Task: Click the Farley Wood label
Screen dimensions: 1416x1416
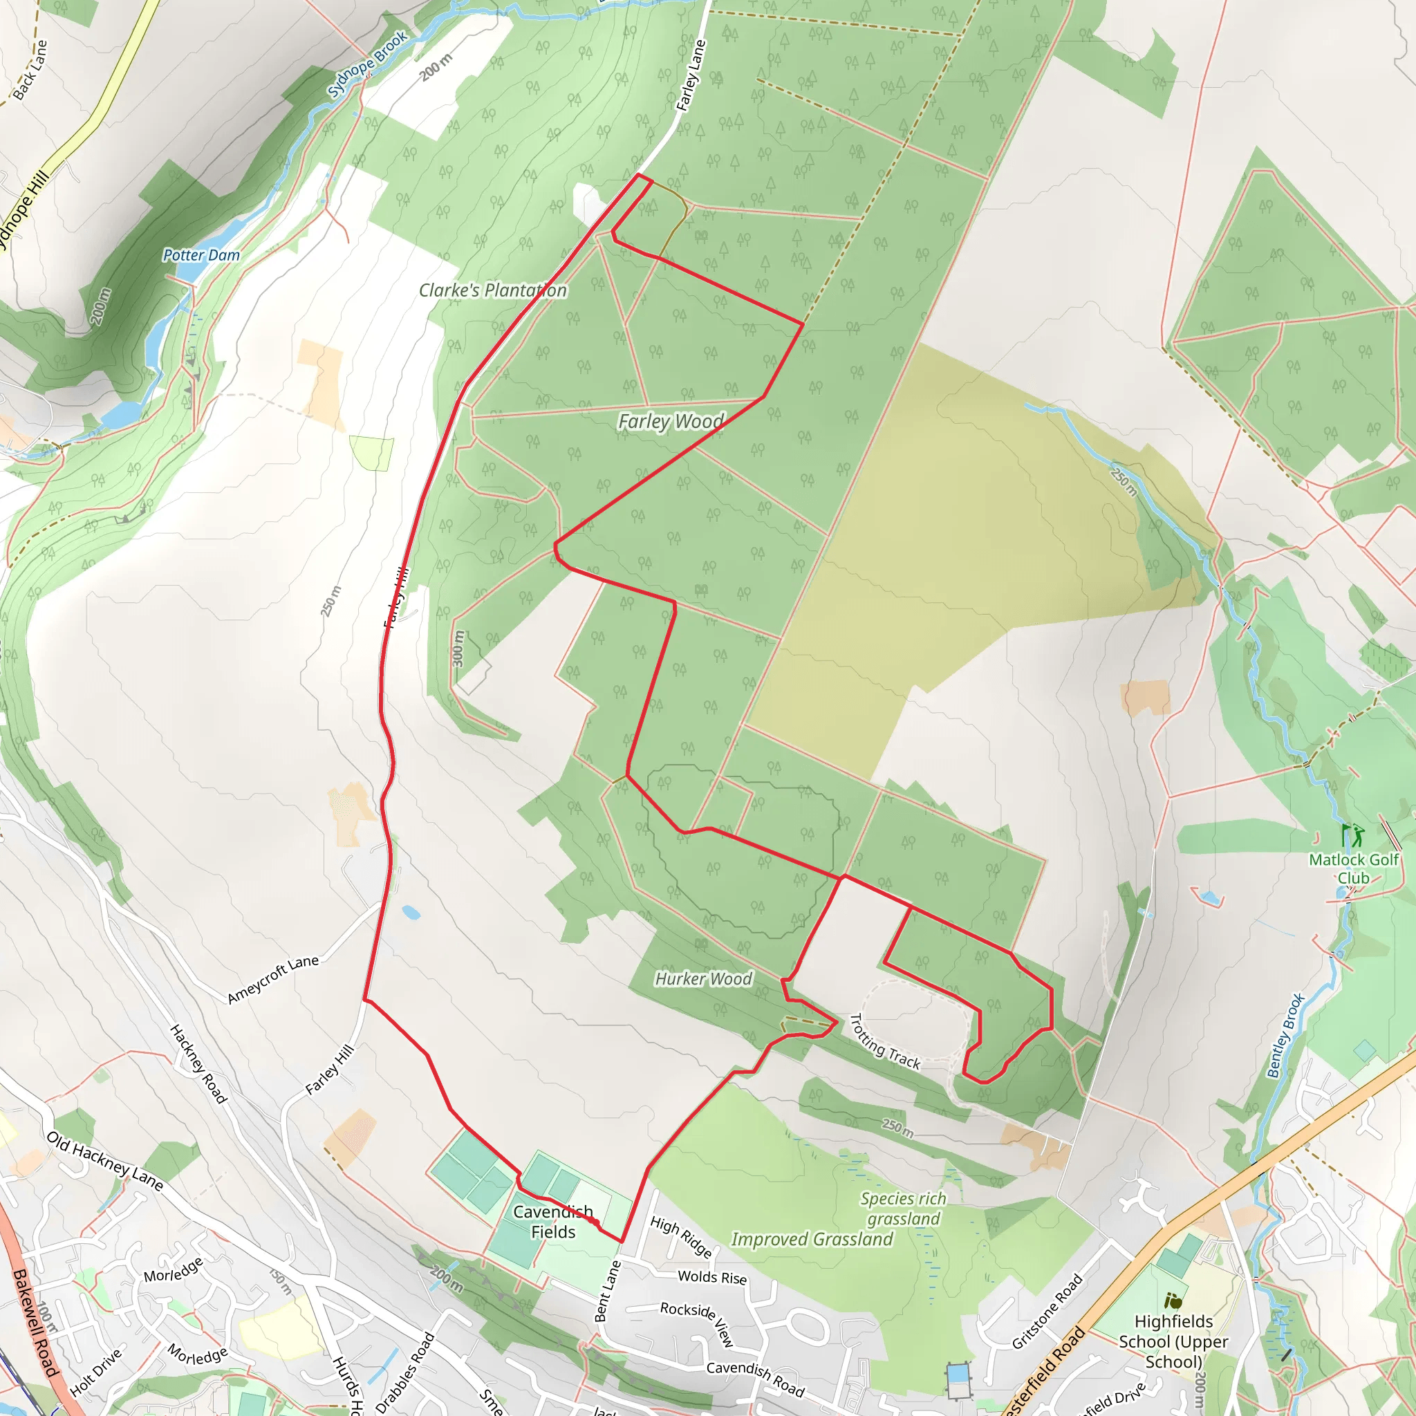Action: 671,422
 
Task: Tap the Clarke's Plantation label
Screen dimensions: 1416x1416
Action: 492,290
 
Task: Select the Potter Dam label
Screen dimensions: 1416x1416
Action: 201,255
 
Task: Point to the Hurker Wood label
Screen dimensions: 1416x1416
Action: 703,979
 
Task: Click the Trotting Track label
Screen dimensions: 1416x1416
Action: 884,1041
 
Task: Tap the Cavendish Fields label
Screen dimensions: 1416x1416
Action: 553,1222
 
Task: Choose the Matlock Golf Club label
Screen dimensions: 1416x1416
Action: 1353,868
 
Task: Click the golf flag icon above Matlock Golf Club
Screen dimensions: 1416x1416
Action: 1352,835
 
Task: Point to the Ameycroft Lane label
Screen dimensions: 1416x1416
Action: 272,979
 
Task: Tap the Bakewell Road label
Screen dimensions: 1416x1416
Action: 35,1323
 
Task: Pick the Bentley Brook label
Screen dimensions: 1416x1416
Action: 1285,1036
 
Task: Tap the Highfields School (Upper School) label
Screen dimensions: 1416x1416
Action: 1173,1341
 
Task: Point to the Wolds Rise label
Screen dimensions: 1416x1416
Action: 711,1277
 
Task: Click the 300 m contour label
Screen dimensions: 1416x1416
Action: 458,649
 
